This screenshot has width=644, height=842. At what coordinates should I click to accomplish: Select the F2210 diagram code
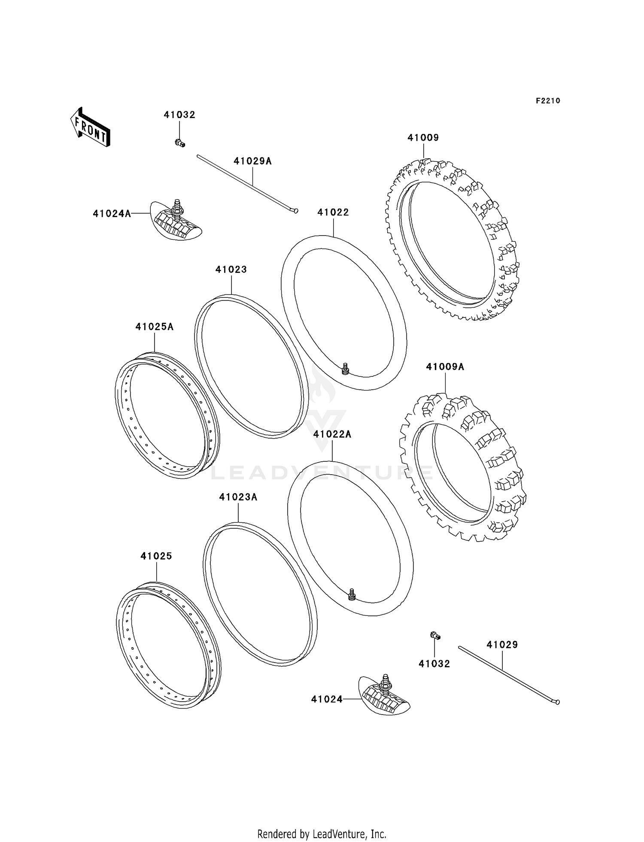click(548, 101)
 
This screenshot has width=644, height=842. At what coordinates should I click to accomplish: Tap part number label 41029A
click(252, 161)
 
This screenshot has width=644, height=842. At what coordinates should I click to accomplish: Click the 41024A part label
click(112, 213)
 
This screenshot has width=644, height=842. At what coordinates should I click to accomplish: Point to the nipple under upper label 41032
click(180, 143)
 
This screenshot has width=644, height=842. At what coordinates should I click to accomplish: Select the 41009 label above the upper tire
click(423, 138)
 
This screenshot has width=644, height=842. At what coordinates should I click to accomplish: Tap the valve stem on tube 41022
click(345, 368)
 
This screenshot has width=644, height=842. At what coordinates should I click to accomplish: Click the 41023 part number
click(231, 270)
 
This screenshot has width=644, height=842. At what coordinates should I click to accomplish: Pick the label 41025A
click(154, 327)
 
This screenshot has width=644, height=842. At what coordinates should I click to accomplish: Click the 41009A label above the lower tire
click(445, 367)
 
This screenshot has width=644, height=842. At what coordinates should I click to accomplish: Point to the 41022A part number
click(332, 434)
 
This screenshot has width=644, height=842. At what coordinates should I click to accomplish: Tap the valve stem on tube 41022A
click(352, 594)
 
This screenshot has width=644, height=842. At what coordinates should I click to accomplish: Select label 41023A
click(238, 497)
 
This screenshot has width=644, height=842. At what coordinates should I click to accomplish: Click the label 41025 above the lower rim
click(156, 556)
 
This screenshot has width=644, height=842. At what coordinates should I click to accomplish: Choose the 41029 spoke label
click(502, 645)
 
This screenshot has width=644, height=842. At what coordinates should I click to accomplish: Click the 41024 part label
click(327, 699)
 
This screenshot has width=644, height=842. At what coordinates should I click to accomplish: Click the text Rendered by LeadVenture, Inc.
click(322, 834)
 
